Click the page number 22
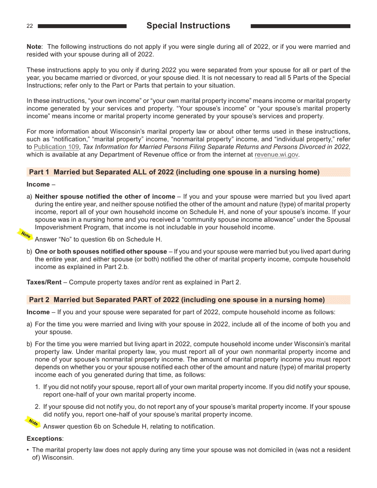pyautogui.click(x=30, y=26)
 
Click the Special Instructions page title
pyautogui.click(x=188, y=26)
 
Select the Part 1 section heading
pyautogui.click(x=174, y=172)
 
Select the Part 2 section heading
pyautogui.click(x=177, y=300)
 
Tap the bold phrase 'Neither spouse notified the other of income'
pyautogui.click(x=105, y=196)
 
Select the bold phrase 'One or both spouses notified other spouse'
pyautogui.click(x=101, y=252)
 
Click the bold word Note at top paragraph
pyautogui.click(x=34, y=47)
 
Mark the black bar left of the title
pyautogui.click(x=82, y=26)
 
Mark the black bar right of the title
pyautogui.click(x=300, y=26)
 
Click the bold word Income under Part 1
pyautogui.click(x=38, y=184)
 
